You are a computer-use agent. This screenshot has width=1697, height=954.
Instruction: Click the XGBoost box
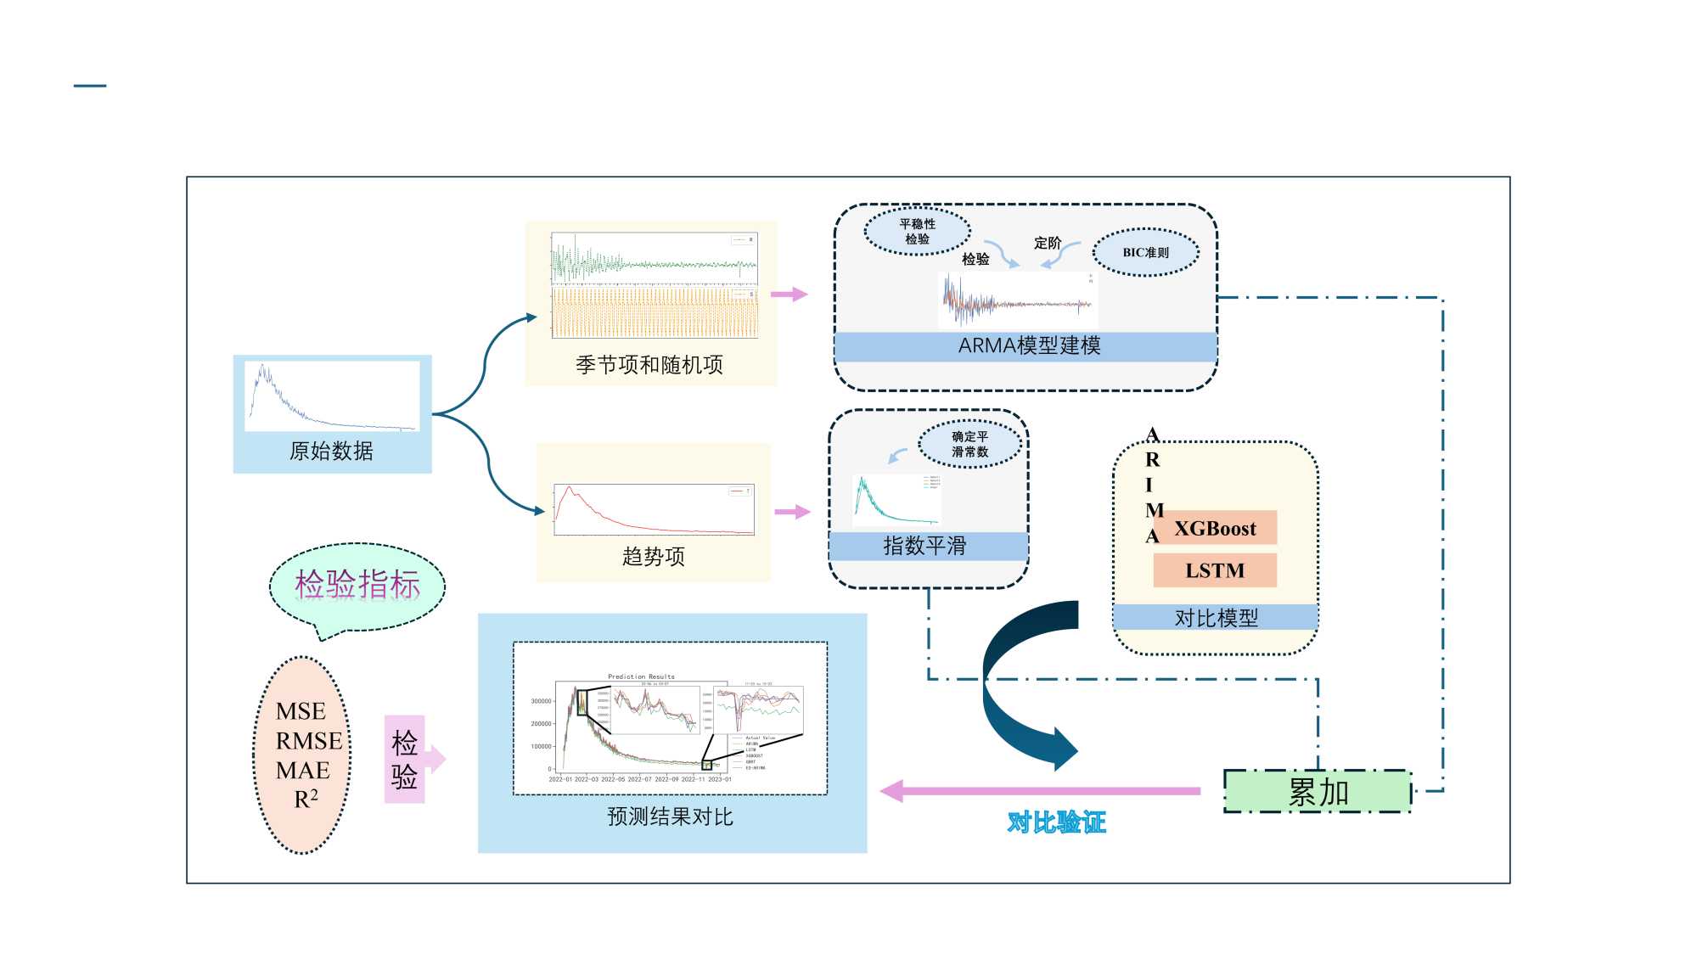click(x=1215, y=528)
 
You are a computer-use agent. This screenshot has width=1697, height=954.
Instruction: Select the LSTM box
click(x=1215, y=570)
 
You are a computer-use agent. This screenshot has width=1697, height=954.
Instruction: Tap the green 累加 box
click(x=1318, y=792)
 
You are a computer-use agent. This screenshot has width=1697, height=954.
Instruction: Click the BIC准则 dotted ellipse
click(x=1145, y=252)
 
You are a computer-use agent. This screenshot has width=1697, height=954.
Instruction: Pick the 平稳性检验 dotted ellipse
click(x=917, y=231)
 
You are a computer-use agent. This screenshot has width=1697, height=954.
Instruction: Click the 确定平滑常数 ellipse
click(x=969, y=444)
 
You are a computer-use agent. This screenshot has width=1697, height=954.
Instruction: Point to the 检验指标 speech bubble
click(x=357, y=586)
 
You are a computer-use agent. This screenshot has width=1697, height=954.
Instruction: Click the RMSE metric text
click(x=309, y=741)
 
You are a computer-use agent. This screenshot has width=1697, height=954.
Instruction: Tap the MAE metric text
click(x=303, y=771)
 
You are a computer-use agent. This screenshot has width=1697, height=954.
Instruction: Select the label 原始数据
click(x=331, y=451)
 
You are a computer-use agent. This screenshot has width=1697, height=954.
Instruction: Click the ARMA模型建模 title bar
click(x=1028, y=346)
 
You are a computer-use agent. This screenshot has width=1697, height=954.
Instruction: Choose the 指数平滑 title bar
click(x=925, y=546)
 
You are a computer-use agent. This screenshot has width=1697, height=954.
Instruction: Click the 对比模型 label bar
click(x=1216, y=618)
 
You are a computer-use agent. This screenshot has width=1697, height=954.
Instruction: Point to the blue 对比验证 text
click(x=1056, y=822)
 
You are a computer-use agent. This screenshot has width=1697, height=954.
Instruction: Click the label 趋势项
click(x=653, y=557)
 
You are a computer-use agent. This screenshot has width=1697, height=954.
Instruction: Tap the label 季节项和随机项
click(x=649, y=365)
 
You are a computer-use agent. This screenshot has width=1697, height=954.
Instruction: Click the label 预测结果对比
click(x=670, y=817)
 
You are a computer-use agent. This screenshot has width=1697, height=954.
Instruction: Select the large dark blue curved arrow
click(x=1019, y=679)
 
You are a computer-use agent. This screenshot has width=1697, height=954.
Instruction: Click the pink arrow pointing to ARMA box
click(x=789, y=295)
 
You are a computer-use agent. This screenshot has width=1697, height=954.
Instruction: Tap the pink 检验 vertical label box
click(x=404, y=760)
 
